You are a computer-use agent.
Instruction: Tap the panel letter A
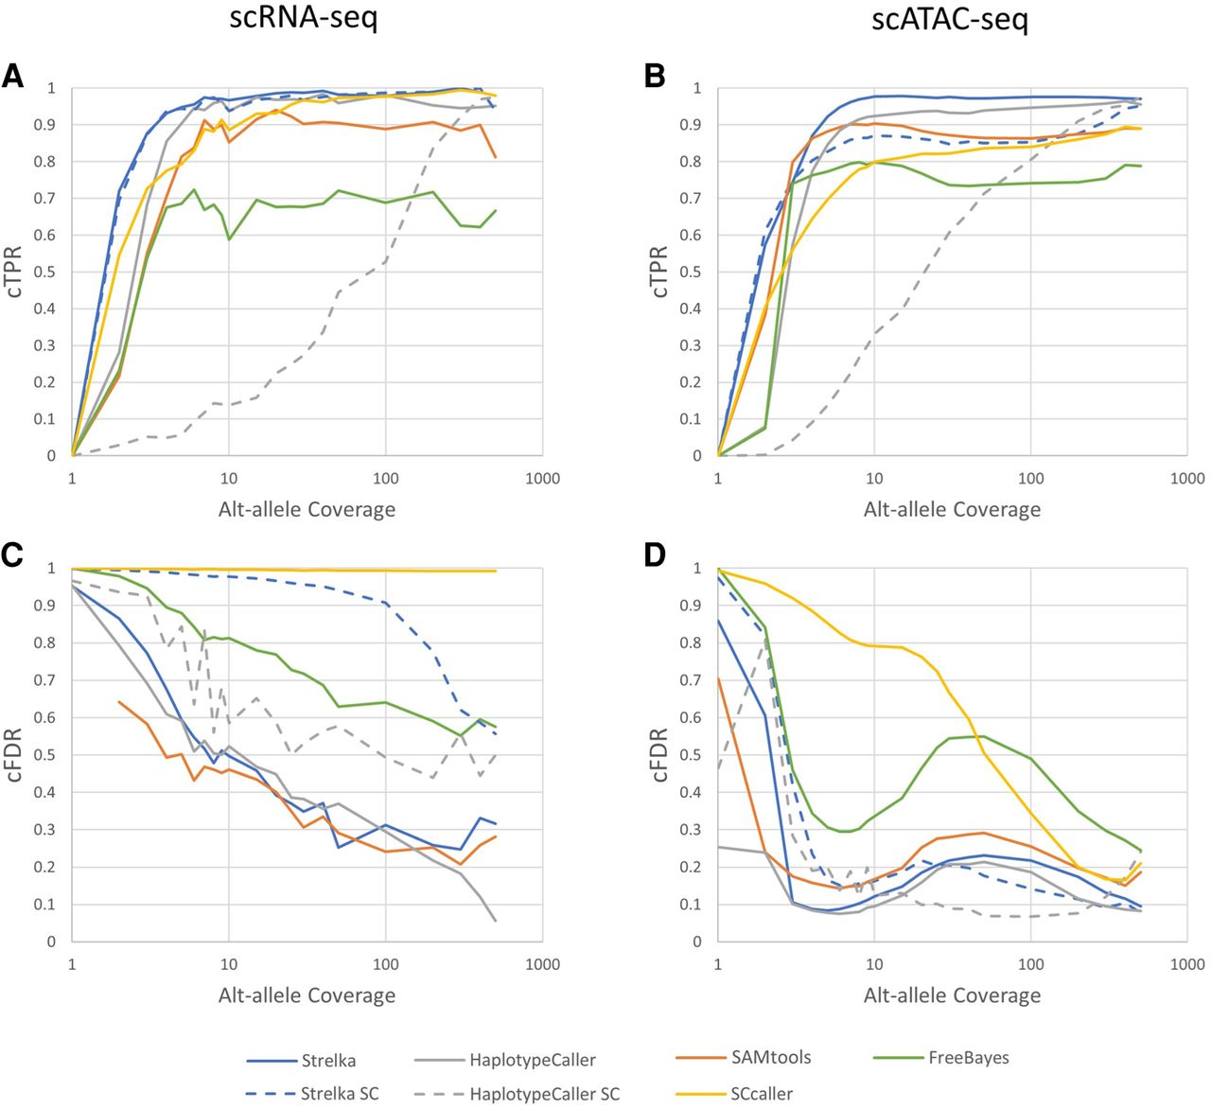pos(13,77)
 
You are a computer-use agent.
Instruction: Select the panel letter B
pos(655,77)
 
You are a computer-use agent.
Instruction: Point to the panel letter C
pos(13,556)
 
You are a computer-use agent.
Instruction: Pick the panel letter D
pos(656,556)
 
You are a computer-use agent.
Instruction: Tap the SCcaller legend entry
pos(762,1093)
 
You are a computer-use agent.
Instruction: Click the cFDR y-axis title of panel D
pos(659,754)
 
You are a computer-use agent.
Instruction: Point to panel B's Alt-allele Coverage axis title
pos(952,509)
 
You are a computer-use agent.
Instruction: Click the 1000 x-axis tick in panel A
pos(542,479)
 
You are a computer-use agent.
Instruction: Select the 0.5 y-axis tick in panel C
pos(44,755)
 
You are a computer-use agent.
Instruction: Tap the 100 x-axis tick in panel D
pos(1030,965)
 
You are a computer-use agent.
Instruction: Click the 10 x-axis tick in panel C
pos(228,965)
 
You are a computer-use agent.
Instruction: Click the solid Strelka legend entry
pos(328,1061)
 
